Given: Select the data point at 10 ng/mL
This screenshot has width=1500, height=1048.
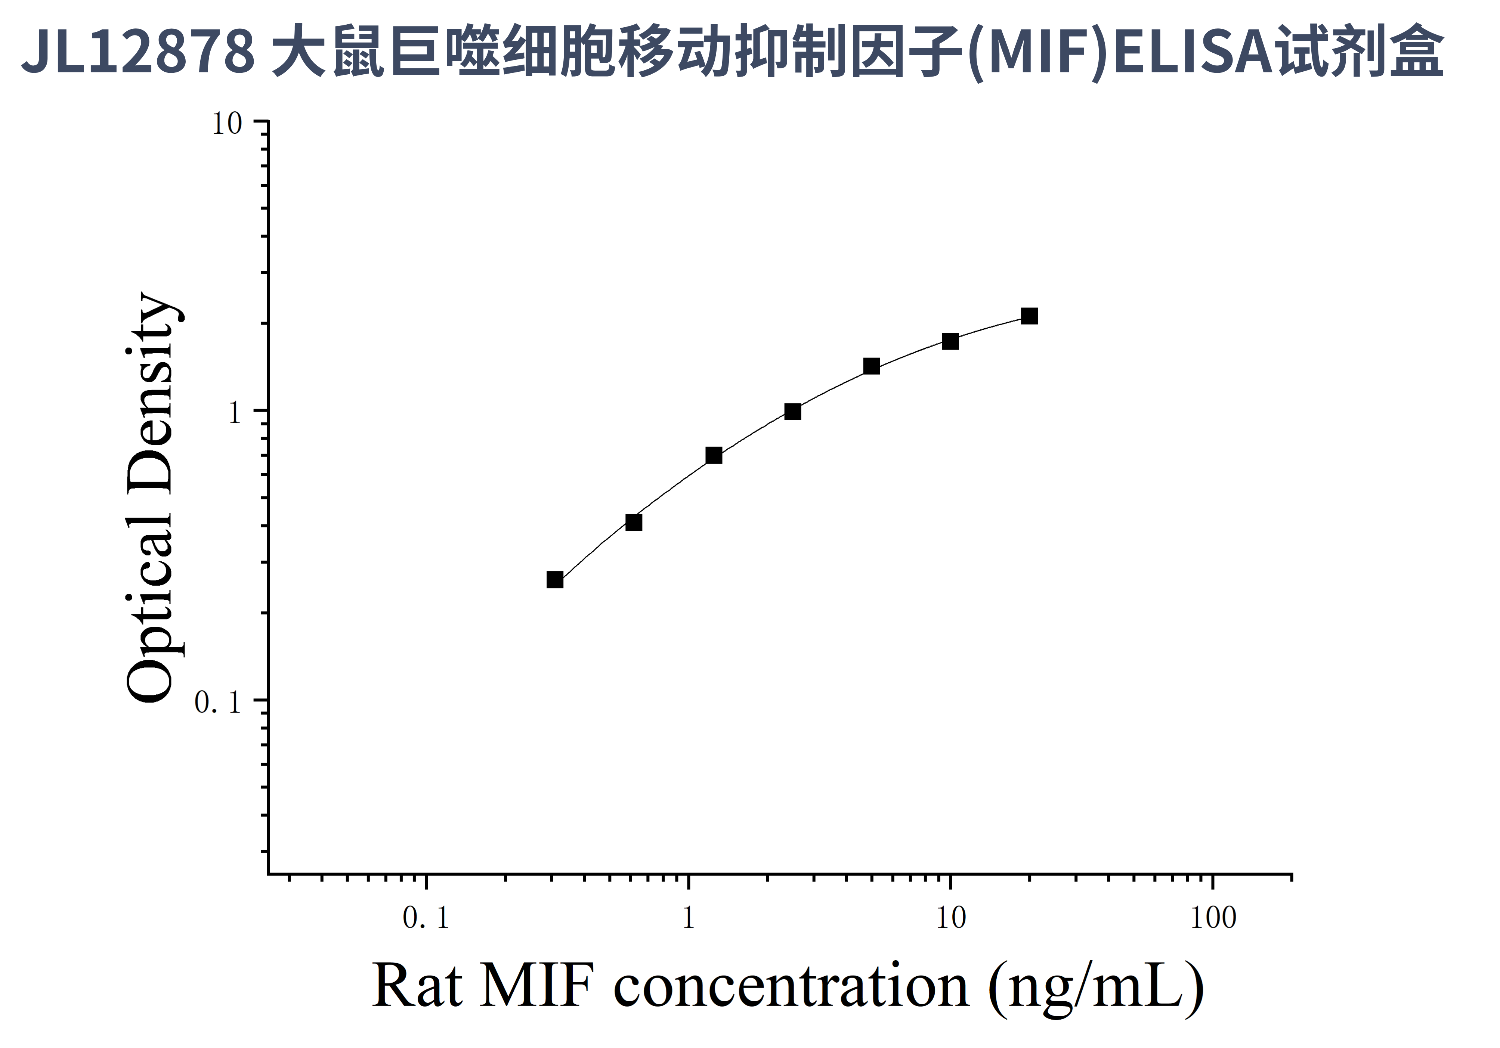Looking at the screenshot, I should (x=950, y=341).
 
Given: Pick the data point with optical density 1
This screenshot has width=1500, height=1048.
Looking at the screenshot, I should (x=792, y=411).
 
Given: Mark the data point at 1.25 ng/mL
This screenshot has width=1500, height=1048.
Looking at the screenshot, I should (x=714, y=455).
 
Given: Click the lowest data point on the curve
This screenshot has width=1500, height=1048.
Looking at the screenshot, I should (x=555, y=580).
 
